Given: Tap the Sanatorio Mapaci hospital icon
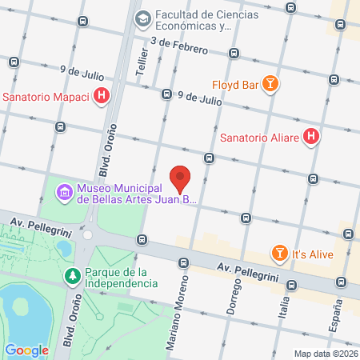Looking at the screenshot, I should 102,98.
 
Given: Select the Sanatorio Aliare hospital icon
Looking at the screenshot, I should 312,137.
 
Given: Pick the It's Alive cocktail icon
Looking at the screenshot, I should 279,253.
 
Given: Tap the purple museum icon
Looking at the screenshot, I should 62,193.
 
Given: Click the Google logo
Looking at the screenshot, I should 26,350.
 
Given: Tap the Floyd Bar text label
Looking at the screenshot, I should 235,84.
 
